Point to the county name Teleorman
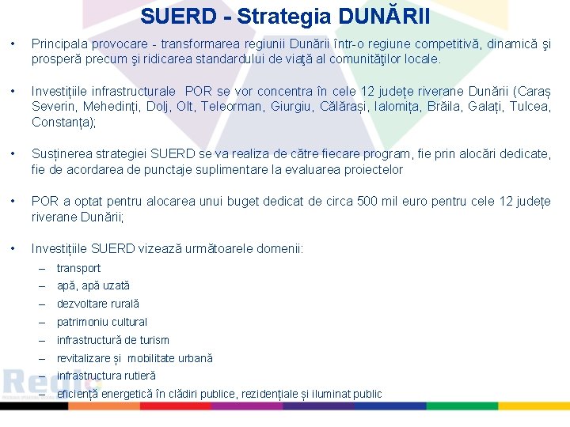237,107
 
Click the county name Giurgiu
302,107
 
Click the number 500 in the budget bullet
368,202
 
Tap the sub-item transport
78,268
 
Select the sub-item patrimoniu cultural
101,322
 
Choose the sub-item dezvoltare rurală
97,304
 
